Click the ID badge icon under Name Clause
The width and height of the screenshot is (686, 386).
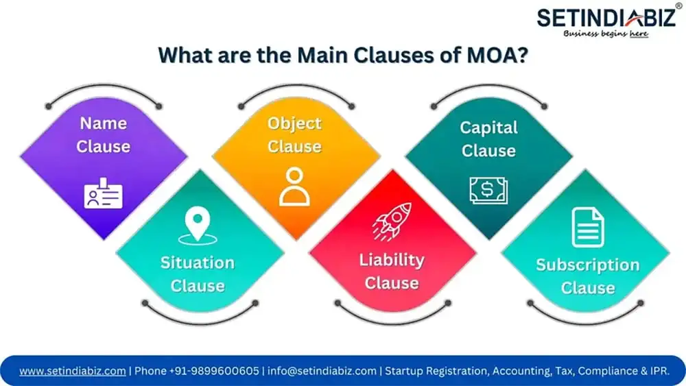point(104,193)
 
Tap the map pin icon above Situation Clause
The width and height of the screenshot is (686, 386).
point(198,226)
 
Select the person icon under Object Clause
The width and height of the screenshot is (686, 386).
point(294,186)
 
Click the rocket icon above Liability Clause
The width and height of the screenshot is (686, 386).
point(392,221)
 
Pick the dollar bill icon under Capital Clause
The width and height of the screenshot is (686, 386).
point(488,190)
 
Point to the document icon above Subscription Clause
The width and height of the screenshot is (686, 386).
point(588,228)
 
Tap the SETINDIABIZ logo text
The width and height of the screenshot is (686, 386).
point(606,18)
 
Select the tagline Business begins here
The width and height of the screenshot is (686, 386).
point(606,34)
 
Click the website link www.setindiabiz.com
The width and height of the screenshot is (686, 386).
point(73,371)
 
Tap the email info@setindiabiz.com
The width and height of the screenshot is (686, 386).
point(322,371)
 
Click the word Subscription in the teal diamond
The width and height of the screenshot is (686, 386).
point(588,265)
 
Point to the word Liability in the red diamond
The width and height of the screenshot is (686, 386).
point(392,261)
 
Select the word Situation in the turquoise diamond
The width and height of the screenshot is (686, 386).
point(198,263)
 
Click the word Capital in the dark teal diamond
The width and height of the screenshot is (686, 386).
point(488,128)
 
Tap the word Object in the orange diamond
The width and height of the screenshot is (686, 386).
point(294,123)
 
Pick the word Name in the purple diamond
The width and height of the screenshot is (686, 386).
point(104,123)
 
